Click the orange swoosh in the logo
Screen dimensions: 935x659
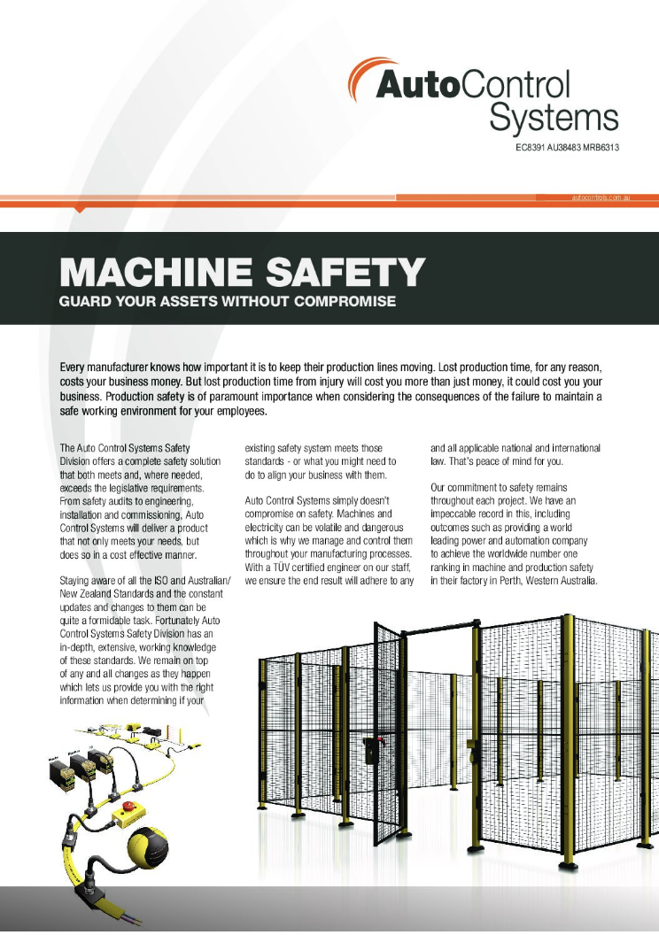pos(361,80)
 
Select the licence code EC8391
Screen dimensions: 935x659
pos(532,146)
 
